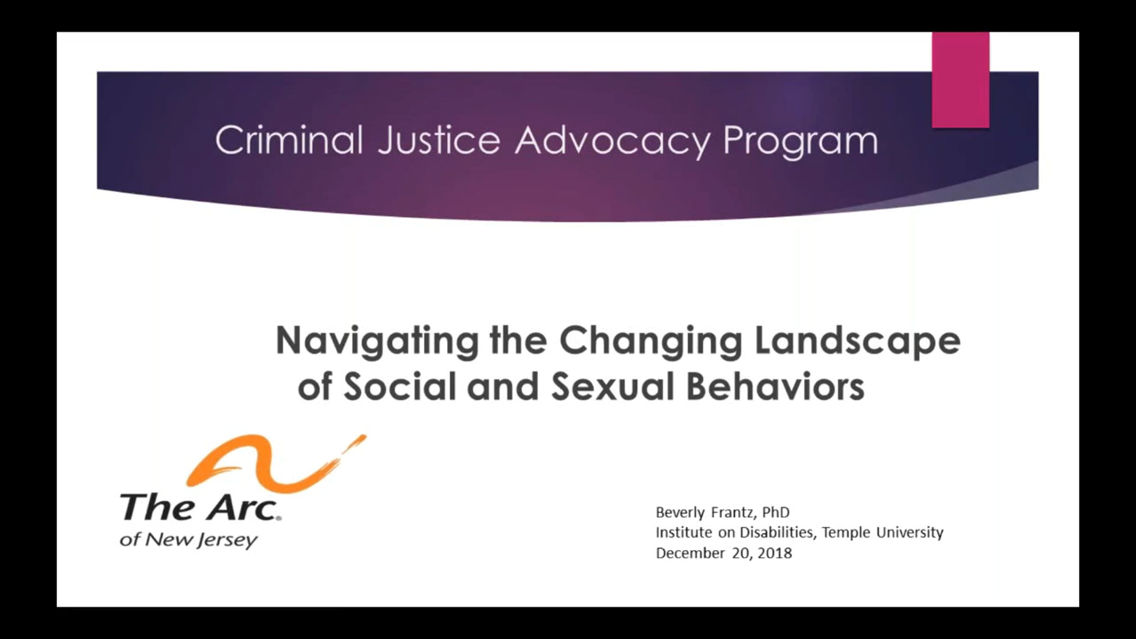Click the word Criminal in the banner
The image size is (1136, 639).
point(289,140)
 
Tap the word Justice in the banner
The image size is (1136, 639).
point(439,140)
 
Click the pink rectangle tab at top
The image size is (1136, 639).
point(960,80)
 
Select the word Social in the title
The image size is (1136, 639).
point(400,386)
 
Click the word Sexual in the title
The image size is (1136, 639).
point(613,386)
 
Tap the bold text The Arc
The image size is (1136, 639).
point(199,507)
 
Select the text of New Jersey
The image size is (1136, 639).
point(189,540)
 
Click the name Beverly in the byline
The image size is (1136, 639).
point(680,513)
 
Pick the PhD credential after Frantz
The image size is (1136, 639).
point(776,512)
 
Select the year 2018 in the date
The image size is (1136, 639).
point(774,553)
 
